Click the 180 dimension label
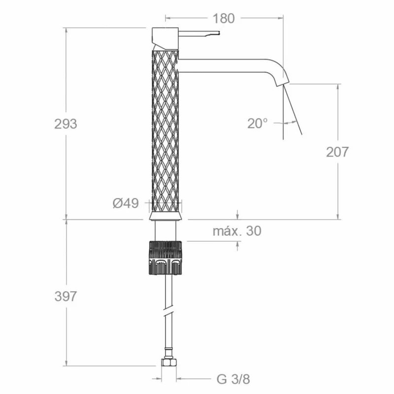[224, 18]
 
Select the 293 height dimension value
[66, 124]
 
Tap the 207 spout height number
[337, 152]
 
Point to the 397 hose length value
[66, 296]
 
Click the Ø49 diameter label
[126, 203]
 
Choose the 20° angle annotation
[258, 124]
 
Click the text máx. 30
[237, 231]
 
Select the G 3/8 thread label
[233, 379]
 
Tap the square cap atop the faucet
[165, 38]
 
